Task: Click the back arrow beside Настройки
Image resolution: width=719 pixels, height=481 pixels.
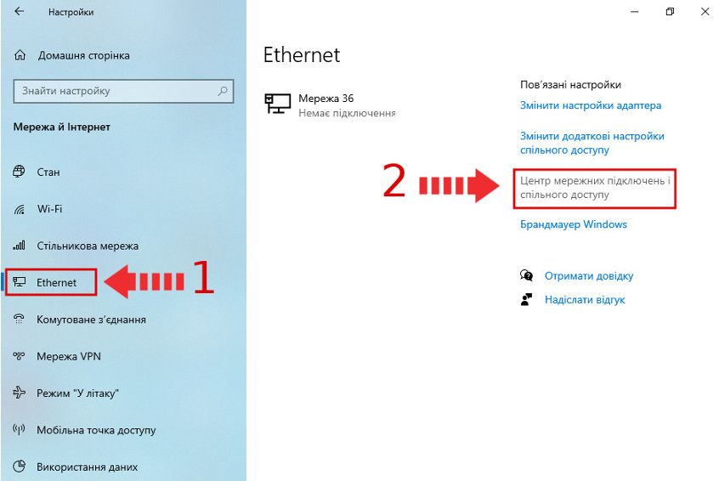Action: [x=19, y=11]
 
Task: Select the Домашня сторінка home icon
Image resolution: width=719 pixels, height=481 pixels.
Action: [x=20, y=55]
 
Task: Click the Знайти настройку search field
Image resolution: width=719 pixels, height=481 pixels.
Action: [x=123, y=91]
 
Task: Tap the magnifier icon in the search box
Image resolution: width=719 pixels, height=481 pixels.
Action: [x=223, y=91]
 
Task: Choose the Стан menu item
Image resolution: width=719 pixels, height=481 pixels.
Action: [x=48, y=172]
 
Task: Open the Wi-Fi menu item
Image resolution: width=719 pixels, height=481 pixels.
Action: [x=49, y=209]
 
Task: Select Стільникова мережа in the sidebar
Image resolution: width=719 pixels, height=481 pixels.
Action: [x=88, y=246]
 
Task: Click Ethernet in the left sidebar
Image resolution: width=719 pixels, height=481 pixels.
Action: [x=56, y=282]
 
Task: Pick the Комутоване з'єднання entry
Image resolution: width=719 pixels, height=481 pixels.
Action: [x=91, y=320]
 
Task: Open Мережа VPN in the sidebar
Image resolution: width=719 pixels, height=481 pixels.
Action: [x=69, y=356]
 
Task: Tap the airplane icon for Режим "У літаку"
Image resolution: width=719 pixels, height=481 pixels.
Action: [x=19, y=393]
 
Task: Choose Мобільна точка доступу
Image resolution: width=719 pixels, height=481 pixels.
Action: [x=96, y=430]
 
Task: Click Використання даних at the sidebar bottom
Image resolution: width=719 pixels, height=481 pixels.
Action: [x=88, y=467]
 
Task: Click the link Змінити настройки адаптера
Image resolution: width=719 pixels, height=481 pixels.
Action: [x=591, y=105]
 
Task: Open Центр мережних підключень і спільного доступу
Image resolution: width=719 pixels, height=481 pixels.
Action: [x=595, y=188]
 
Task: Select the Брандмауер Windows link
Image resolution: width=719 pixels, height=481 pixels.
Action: [x=573, y=224]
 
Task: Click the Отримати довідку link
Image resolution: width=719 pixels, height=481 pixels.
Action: [x=589, y=275]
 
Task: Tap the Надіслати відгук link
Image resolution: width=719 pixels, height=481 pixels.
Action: [x=585, y=299]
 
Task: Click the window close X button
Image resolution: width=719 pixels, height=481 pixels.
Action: [x=705, y=11]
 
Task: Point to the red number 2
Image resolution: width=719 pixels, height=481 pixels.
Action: [x=393, y=181]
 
